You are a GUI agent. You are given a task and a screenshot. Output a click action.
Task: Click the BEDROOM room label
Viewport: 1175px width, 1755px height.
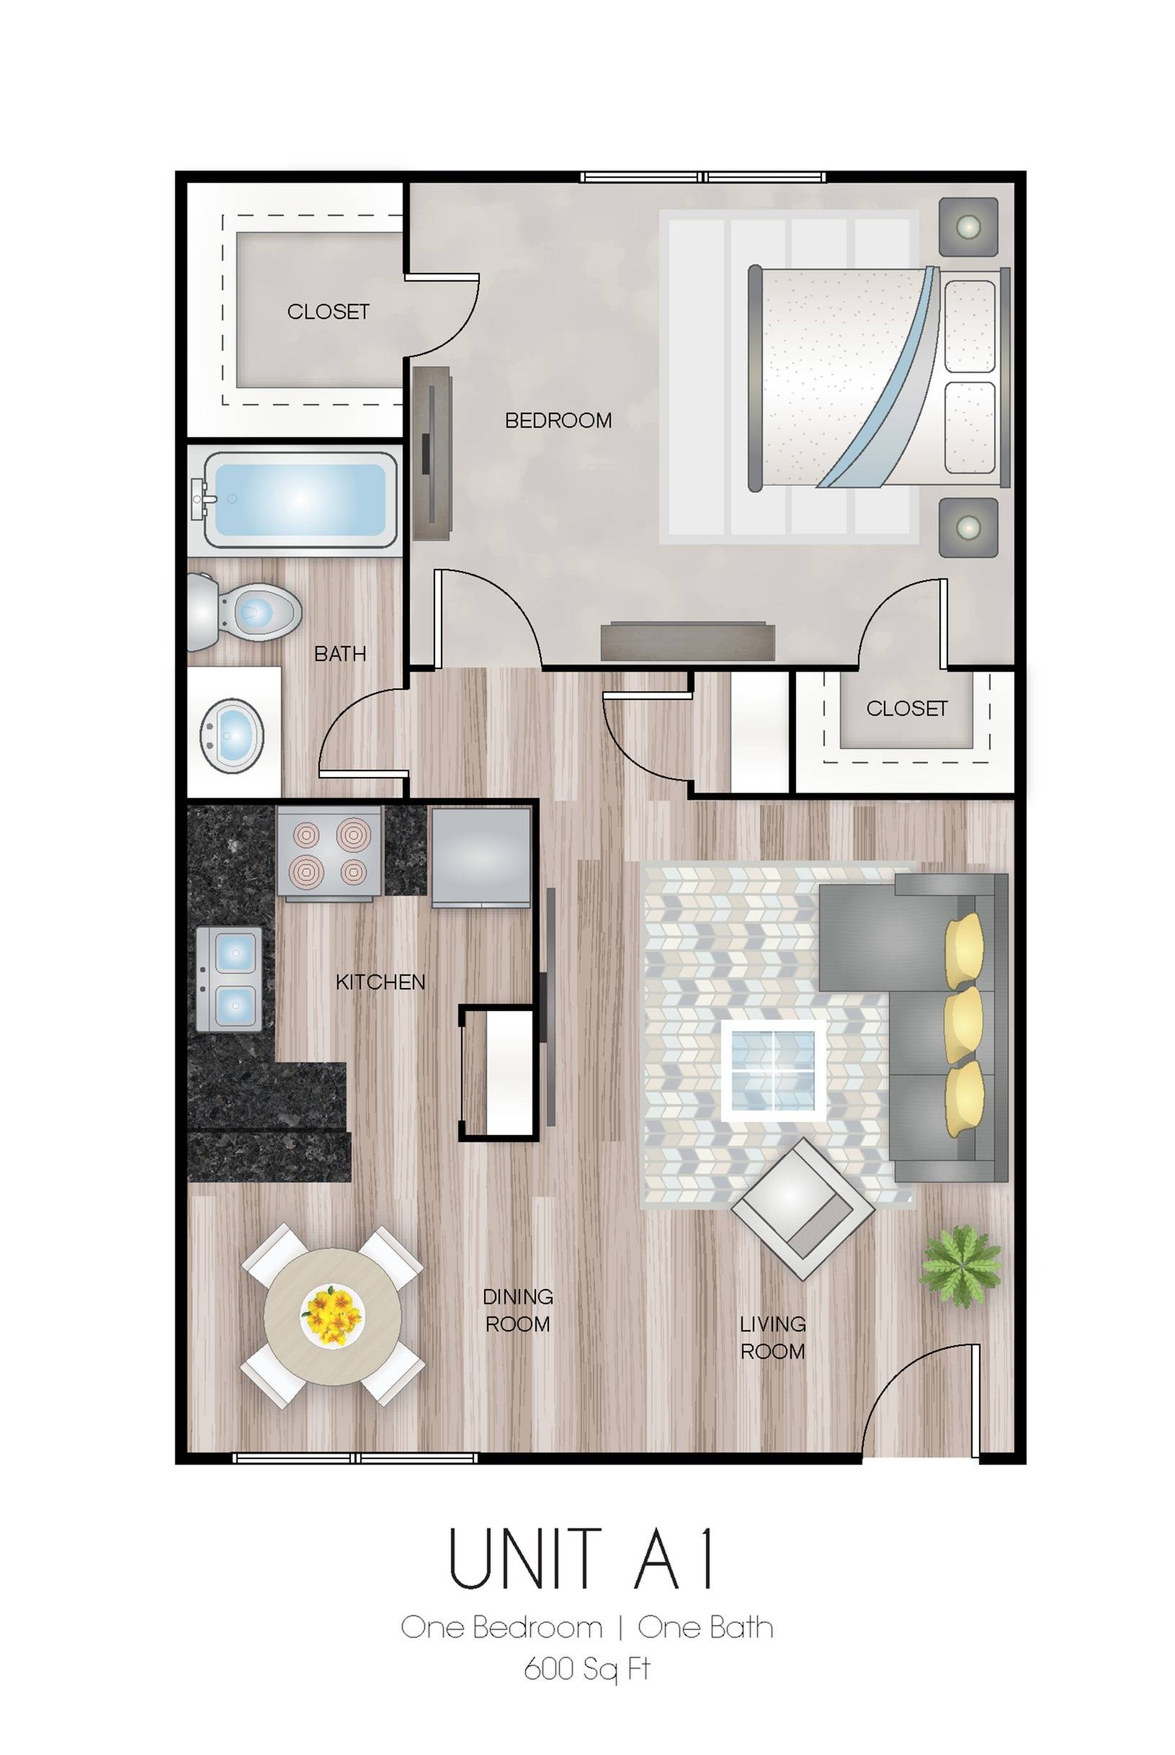pos(558,421)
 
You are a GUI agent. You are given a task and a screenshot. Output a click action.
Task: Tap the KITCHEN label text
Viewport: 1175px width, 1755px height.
pos(380,982)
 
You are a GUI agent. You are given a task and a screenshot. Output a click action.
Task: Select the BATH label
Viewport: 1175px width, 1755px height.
pos(340,654)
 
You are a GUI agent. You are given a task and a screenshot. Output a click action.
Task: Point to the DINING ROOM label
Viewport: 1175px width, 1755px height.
pos(518,1310)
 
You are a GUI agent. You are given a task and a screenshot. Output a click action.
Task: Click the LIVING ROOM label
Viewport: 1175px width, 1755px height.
pos(772,1338)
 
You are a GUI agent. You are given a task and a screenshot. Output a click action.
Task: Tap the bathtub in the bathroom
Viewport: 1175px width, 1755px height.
pos(300,500)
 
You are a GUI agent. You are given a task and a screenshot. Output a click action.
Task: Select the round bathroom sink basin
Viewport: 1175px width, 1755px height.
pos(231,735)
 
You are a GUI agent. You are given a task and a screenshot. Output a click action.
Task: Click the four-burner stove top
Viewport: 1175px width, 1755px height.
pos(329,853)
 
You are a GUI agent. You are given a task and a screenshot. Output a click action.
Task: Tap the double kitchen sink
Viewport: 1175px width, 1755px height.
pos(230,978)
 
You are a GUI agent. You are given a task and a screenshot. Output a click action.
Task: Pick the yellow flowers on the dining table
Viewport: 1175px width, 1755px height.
pos(332,1315)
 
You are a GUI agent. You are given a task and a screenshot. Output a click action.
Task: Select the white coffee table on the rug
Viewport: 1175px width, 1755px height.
pos(773,1070)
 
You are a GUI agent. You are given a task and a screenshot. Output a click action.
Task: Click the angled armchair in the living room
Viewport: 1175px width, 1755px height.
pos(803,1208)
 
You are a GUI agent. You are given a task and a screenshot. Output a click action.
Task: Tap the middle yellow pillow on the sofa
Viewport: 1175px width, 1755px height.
pos(964,1024)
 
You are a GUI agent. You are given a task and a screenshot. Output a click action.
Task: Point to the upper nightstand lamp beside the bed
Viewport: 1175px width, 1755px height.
pos(968,225)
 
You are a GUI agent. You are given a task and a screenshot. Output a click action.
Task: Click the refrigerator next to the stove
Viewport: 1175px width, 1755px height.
pos(481,856)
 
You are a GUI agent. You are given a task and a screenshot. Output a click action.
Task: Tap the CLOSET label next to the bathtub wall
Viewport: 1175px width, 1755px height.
pos(329,312)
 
